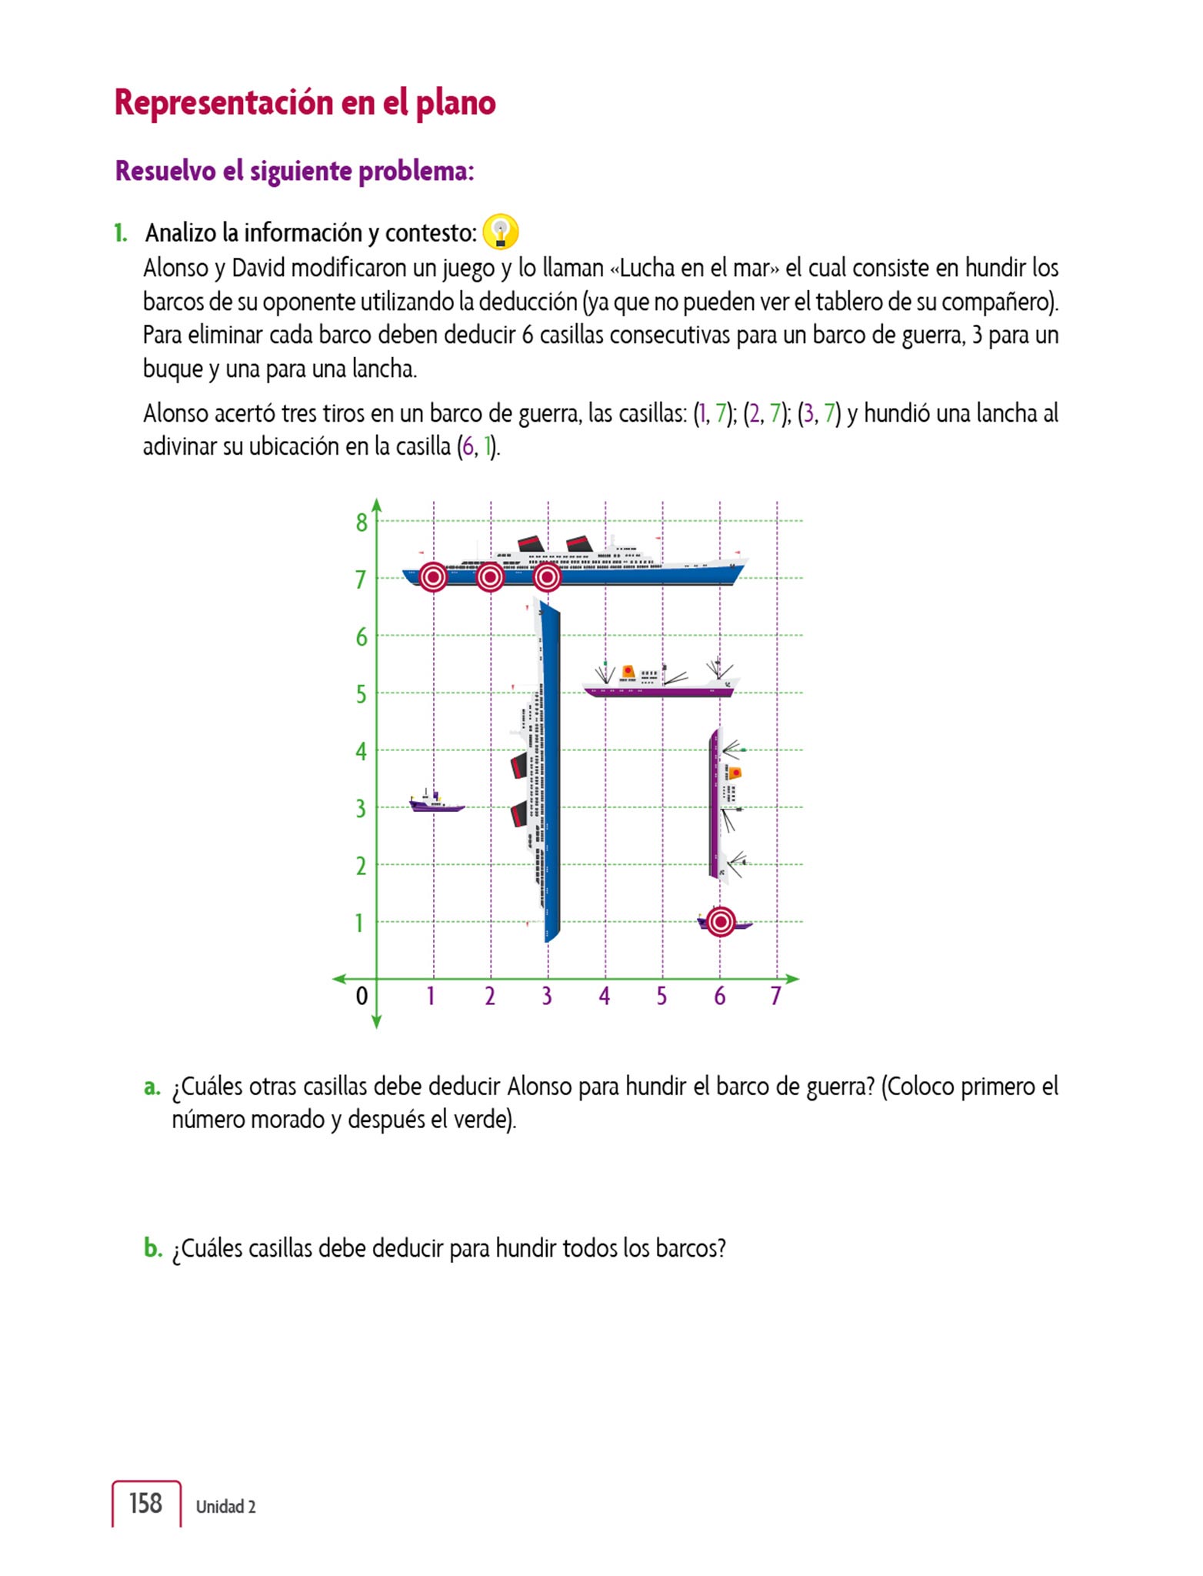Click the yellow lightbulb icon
[x=501, y=231]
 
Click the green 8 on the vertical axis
[x=362, y=523]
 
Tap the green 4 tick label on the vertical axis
[x=361, y=752]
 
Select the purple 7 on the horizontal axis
[x=776, y=997]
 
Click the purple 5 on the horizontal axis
[x=661, y=997]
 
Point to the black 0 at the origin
[x=362, y=997]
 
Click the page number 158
[x=145, y=1503]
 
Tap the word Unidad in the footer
[x=219, y=1507]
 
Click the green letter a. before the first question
[x=152, y=1087]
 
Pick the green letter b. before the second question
[x=152, y=1247]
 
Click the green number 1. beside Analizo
[x=121, y=232]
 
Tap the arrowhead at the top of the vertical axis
[x=377, y=505]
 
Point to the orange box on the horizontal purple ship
[x=628, y=672]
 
